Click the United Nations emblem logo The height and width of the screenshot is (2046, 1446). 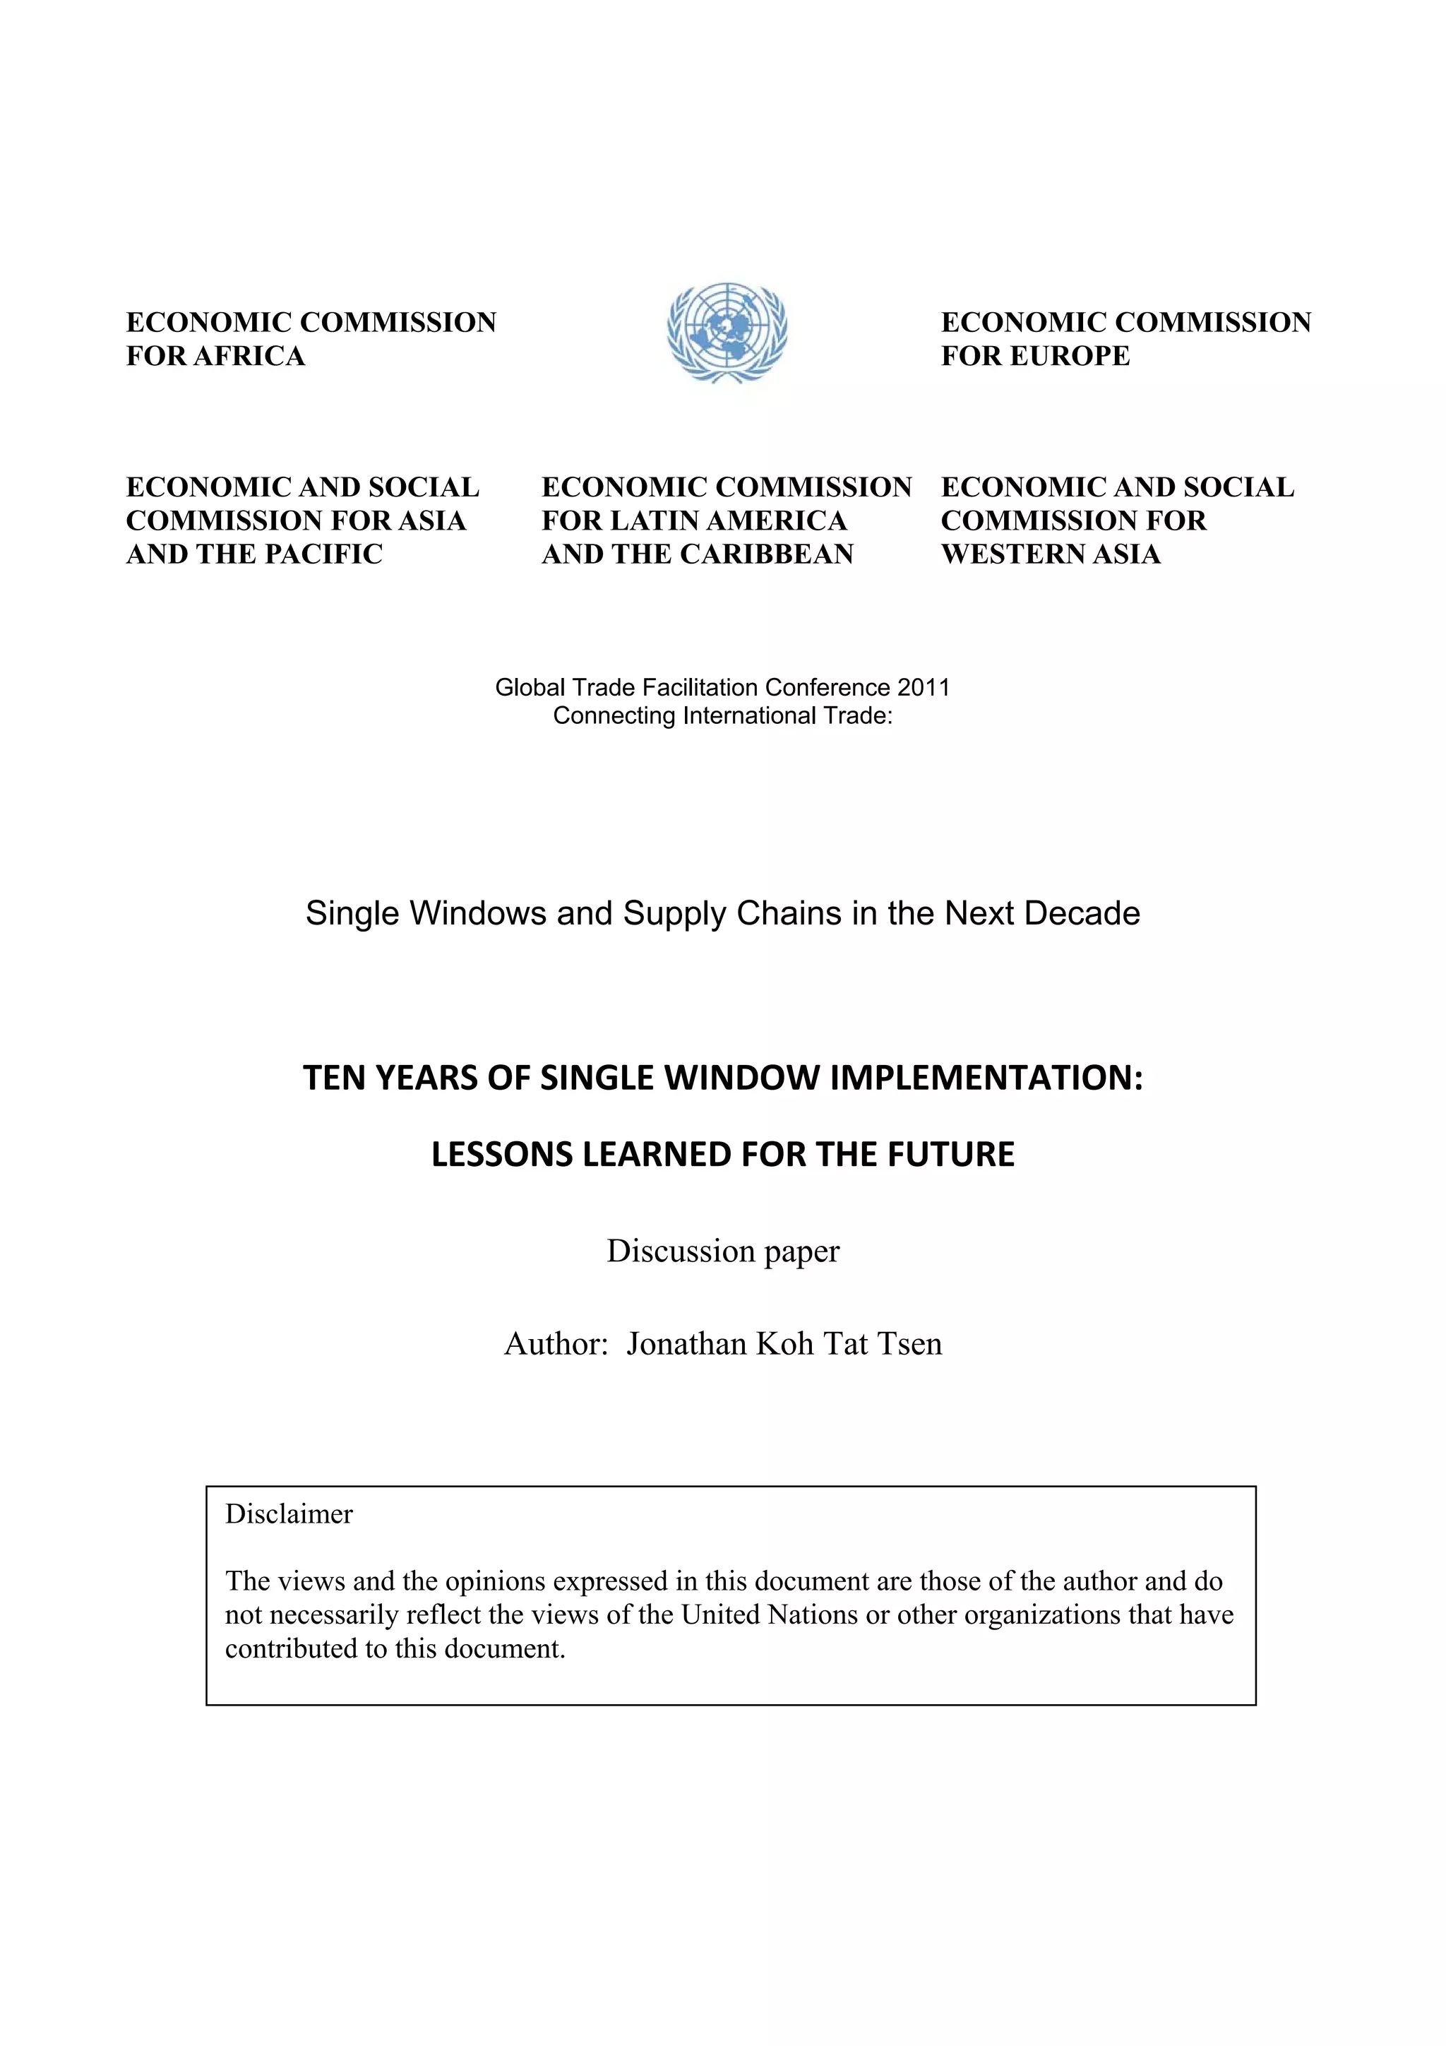[x=727, y=333]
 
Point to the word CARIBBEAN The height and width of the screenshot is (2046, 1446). [x=766, y=554]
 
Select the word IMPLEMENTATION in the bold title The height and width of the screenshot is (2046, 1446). [x=986, y=1078]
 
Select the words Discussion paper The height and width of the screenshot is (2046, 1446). [x=722, y=1251]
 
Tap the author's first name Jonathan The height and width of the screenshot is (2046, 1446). [x=686, y=1344]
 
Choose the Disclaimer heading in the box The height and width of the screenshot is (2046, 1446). [x=289, y=1514]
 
